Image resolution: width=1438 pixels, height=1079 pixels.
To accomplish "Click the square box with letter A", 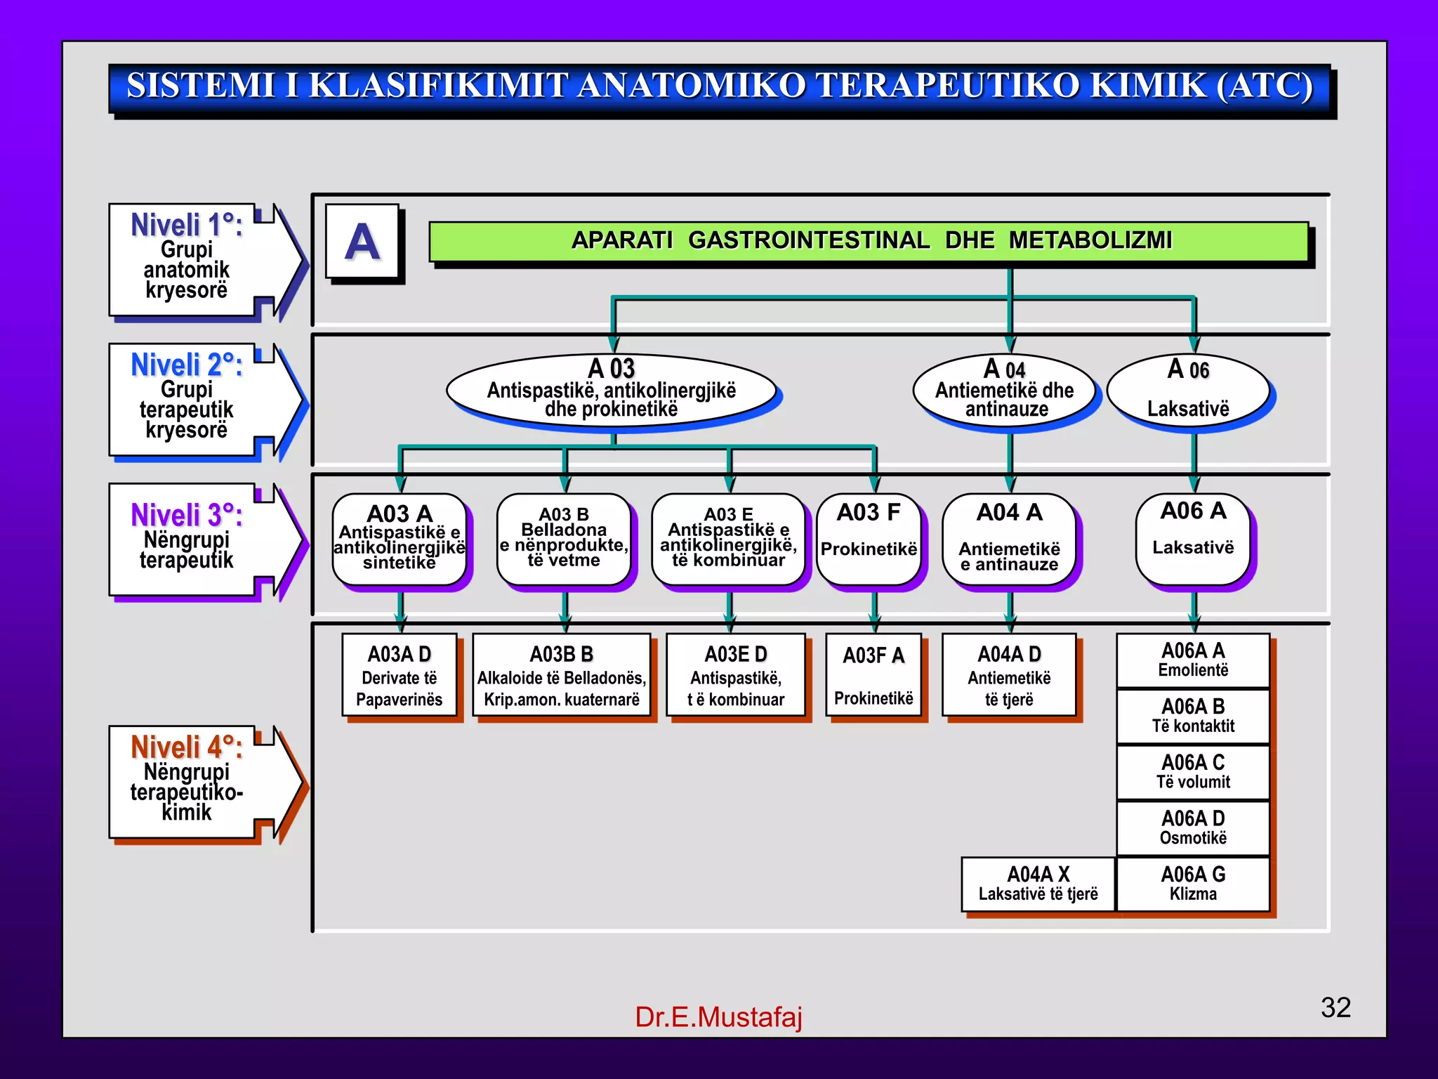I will point(362,242).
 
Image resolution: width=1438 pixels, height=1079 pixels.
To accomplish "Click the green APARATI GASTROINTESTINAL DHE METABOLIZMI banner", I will point(869,241).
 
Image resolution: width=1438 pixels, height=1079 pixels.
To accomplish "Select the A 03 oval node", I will point(611,389).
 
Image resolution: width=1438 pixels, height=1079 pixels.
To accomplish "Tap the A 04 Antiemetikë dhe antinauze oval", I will point(1004,389).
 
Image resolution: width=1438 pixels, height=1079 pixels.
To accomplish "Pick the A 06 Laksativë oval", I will point(1188,389).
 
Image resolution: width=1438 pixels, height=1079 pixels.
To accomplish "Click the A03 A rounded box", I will point(400,538).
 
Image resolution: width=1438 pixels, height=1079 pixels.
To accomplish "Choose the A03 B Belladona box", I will point(564,538).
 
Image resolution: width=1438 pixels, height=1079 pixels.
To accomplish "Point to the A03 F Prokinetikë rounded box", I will point(869,538).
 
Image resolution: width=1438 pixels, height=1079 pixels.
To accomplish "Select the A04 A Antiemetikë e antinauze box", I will point(1009,538).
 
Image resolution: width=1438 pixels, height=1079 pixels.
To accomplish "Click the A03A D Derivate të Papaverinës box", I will point(400,675).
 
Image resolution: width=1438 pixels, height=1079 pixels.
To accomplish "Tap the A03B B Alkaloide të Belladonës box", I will point(562,675).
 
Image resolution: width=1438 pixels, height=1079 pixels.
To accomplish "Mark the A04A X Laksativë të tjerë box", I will point(1038,884).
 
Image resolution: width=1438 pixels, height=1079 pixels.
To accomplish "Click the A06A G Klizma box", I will point(1193,884).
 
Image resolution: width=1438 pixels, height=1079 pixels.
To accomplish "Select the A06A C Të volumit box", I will point(1193,771).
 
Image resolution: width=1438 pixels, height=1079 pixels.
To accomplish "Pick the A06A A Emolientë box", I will point(1193,660).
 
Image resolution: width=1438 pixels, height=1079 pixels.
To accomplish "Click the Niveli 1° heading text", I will point(187,225).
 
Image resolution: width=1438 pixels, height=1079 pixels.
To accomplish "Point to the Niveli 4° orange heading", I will point(187,747).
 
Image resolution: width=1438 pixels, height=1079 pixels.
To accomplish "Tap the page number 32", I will point(1335,1007).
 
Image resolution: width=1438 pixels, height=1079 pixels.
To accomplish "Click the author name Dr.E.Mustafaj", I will point(718,1016).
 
